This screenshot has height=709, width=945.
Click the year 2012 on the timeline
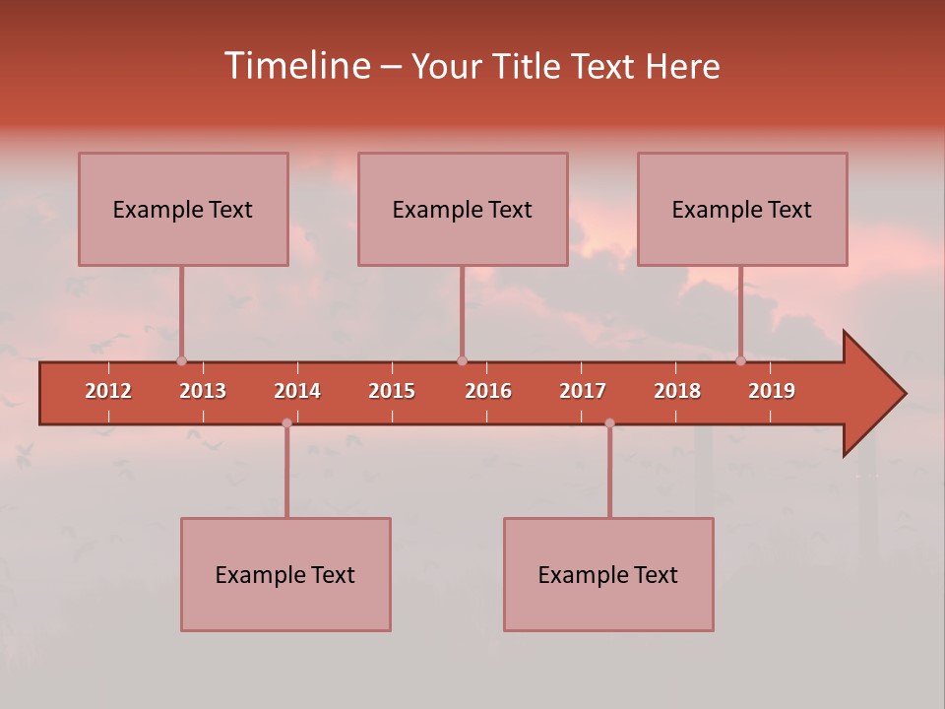click(x=108, y=391)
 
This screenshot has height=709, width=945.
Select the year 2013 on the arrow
click(x=203, y=391)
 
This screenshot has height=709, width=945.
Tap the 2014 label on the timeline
click(x=297, y=391)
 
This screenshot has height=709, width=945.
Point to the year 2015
click(x=392, y=391)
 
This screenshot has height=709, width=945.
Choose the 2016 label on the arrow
click(x=488, y=391)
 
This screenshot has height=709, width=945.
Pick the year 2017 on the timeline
click(x=583, y=391)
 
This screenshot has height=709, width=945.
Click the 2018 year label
click(x=677, y=391)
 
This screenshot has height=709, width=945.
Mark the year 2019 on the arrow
click(x=772, y=391)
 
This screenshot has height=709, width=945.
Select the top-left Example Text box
click(x=183, y=209)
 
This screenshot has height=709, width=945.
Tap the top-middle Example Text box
click(x=463, y=209)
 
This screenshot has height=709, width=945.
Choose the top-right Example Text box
click(x=742, y=209)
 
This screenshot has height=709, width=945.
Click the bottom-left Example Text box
click(x=285, y=574)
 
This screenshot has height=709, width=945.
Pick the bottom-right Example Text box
click(x=608, y=574)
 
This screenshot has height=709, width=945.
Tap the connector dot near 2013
click(x=181, y=360)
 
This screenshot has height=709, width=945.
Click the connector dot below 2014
click(x=286, y=423)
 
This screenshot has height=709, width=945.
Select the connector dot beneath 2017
click(x=609, y=423)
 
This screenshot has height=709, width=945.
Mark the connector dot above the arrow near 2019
click(x=740, y=360)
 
